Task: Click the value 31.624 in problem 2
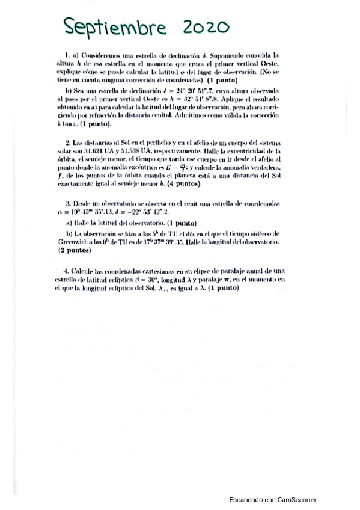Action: click(118, 150)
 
